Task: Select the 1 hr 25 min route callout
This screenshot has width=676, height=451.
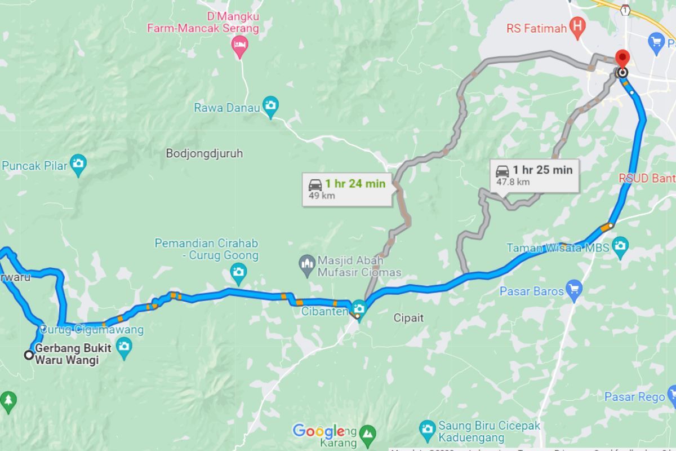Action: (533, 175)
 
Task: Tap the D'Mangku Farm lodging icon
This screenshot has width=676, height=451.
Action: (240, 45)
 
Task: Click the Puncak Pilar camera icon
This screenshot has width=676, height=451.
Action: (78, 164)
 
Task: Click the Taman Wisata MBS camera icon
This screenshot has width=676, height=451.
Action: (620, 246)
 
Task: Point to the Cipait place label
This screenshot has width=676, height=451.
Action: (408, 318)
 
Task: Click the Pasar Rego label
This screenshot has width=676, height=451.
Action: (635, 397)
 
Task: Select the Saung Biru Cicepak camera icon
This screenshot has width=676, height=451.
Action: (427, 427)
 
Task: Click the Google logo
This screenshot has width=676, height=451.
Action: (318, 431)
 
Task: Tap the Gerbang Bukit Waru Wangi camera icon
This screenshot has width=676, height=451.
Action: (124, 346)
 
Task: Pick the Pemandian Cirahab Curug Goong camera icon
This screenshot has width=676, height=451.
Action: (239, 273)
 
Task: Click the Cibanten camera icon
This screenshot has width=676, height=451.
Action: (359, 309)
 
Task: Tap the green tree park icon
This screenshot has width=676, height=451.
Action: (8, 400)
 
